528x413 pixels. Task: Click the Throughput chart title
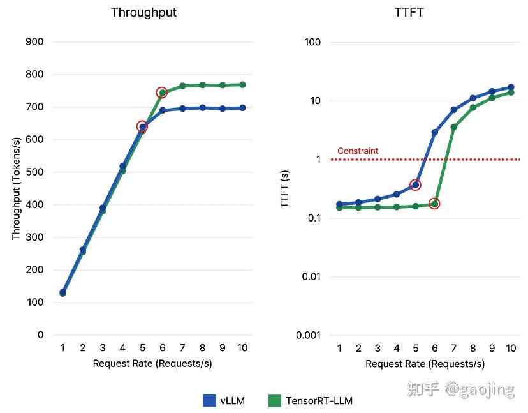143,13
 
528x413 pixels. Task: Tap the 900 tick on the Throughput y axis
36,42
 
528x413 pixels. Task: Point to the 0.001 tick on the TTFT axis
309,335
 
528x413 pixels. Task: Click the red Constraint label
357,151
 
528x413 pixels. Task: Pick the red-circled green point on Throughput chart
161,93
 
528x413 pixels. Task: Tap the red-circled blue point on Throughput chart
142,126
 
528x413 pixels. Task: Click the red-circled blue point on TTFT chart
415,185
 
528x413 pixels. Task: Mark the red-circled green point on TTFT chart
434,204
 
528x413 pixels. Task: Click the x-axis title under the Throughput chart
152,364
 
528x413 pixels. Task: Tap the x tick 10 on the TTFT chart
510,348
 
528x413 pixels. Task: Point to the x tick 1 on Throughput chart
62,348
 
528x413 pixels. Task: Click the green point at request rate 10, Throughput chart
242,85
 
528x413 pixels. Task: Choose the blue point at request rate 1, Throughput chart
62,292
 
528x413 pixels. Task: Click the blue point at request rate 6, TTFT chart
434,132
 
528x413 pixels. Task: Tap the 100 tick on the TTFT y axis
313,42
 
